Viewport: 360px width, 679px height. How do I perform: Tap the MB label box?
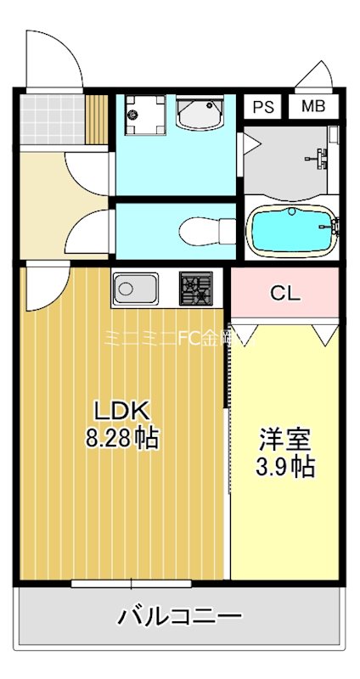(312, 108)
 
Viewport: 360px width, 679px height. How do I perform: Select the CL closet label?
(285, 294)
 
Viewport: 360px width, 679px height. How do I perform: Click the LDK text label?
(121, 412)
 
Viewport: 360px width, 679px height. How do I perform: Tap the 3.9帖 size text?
(285, 467)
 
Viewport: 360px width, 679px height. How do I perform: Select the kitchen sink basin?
(132, 290)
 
